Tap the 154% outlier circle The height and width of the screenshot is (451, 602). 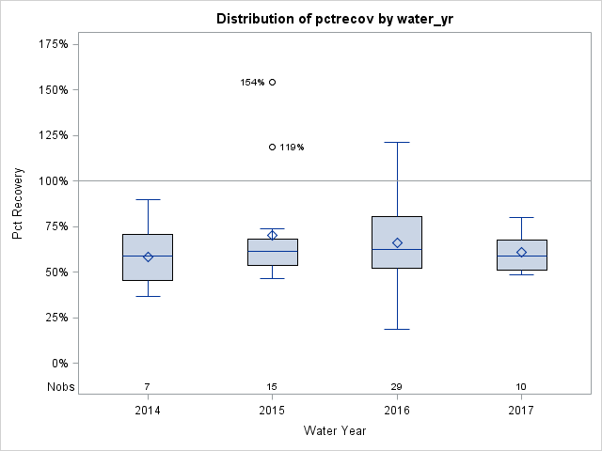(x=273, y=82)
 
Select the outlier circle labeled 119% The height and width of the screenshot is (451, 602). (x=273, y=147)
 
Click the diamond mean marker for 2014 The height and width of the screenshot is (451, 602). (x=148, y=257)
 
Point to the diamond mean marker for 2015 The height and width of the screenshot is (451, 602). (x=273, y=235)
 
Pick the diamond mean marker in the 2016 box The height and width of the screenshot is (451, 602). (x=397, y=242)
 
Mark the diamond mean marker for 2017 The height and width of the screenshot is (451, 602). (x=521, y=252)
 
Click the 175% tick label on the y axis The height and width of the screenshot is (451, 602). (x=53, y=44)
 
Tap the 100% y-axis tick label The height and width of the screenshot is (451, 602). (x=53, y=180)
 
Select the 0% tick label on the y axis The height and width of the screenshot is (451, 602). (x=57, y=363)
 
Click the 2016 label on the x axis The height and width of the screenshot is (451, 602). (x=397, y=411)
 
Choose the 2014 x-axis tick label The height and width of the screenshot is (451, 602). (x=148, y=411)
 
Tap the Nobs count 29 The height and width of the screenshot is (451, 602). (x=397, y=386)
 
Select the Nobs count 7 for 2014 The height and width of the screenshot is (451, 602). (x=148, y=386)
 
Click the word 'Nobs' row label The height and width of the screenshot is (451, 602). (x=59, y=386)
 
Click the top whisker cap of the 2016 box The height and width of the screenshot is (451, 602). (x=397, y=142)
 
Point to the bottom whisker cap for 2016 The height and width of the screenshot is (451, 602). (x=397, y=329)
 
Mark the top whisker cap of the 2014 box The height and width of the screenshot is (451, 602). (x=148, y=199)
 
